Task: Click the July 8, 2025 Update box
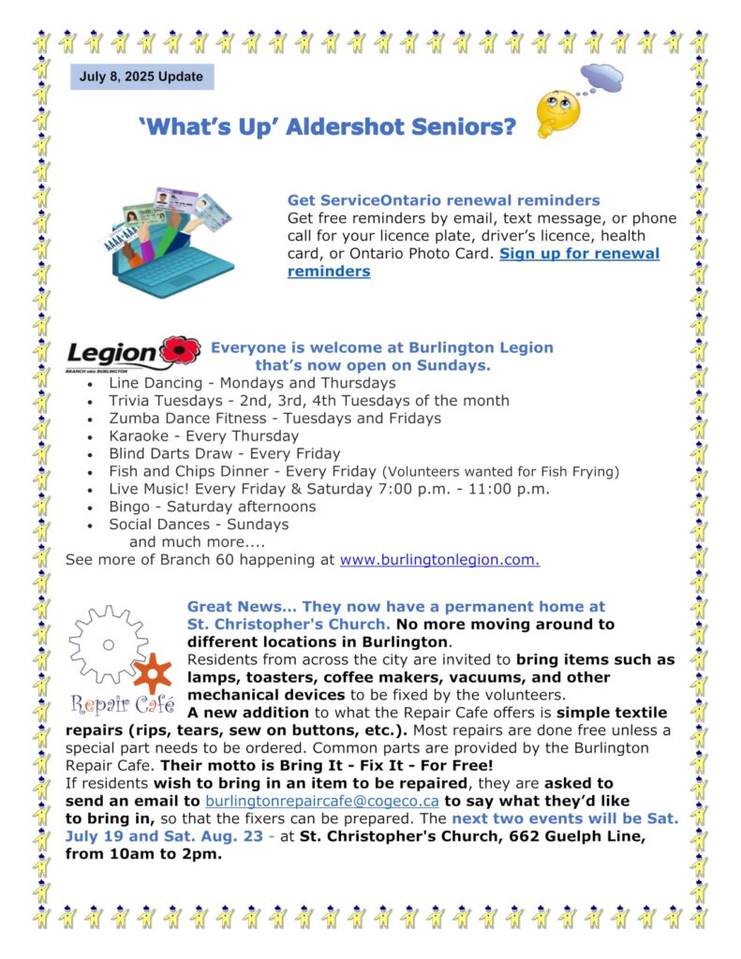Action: (x=141, y=76)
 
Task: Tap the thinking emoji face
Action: (x=557, y=112)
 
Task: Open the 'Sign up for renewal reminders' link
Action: (x=473, y=262)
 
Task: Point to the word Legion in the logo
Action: (x=111, y=355)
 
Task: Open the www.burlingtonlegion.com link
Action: (x=439, y=560)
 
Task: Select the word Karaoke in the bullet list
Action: (x=138, y=435)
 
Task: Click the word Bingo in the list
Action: (x=128, y=507)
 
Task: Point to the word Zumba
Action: (x=133, y=418)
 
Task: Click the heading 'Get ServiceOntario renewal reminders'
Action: (x=443, y=200)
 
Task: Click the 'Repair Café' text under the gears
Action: (x=121, y=704)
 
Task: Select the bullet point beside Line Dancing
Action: (x=89, y=384)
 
